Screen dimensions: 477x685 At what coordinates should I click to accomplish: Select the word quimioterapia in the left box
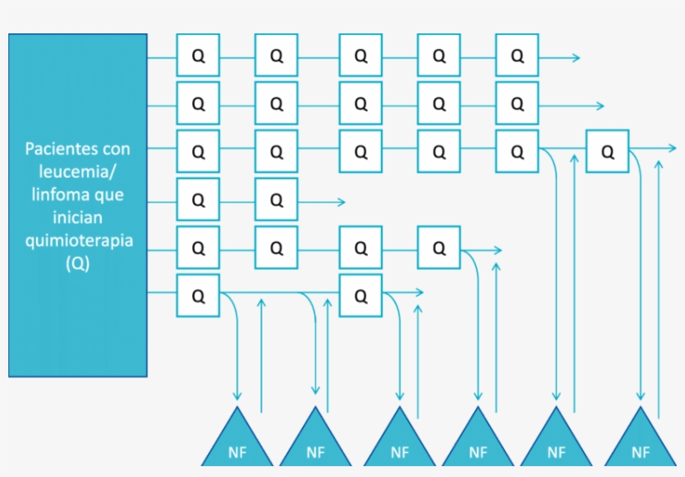(x=78, y=241)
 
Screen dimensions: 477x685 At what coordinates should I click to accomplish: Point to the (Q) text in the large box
(x=78, y=263)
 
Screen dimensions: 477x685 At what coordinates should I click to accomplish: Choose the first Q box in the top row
(x=198, y=56)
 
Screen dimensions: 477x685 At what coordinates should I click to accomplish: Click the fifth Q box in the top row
(x=517, y=56)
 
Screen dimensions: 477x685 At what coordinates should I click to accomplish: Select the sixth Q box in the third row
(x=607, y=152)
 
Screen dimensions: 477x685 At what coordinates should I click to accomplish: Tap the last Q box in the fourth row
(x=277, y=200)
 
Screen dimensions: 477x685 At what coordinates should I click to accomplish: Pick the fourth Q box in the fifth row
(x=439, y=248)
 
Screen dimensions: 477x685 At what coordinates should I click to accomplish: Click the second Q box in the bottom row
(x=361, y=296)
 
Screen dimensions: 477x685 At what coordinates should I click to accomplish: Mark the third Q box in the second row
(x=361, y=104)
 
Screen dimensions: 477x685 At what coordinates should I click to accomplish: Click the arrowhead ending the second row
(x=599, y=105)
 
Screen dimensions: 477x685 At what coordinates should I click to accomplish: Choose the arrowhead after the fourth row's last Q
(x=340, y=200)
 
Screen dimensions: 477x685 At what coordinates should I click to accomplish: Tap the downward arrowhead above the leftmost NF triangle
(x=237, y=395)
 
